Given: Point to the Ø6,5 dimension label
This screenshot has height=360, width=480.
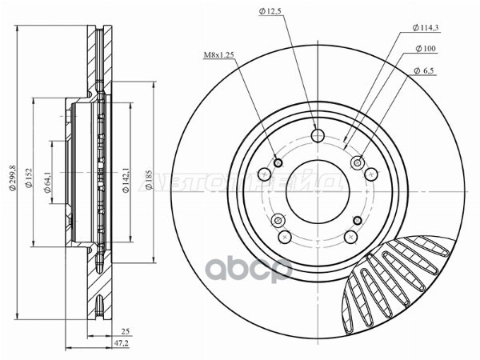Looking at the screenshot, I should pos(424,71).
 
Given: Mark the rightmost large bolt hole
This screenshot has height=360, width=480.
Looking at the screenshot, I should pos(370,174).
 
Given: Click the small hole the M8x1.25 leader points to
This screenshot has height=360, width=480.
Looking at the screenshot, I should pos(278,163).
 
